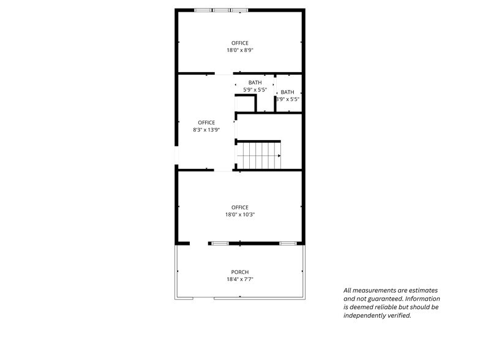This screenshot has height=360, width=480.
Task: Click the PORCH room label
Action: [239, 272]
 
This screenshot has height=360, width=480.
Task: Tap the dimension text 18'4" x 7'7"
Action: [239, 279]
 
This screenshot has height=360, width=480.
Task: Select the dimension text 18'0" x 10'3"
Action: [239, 214]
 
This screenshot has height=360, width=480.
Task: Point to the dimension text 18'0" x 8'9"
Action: [239, 50]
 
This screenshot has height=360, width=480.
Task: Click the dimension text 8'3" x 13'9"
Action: [206, 130]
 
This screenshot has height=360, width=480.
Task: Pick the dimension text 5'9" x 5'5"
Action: [255, 90]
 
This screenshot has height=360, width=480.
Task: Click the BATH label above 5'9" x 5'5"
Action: [255, 83]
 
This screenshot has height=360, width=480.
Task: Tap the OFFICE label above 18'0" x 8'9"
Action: [239, 43]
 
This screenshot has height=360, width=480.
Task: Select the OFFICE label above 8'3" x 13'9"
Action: [206, 122]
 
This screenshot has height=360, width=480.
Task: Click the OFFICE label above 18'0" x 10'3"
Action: [239, 207]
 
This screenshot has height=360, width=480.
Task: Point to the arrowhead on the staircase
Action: [279, 156]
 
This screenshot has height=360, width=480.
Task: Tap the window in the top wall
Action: [221, 10]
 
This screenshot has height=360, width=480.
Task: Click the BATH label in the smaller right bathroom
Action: [287, 92]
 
